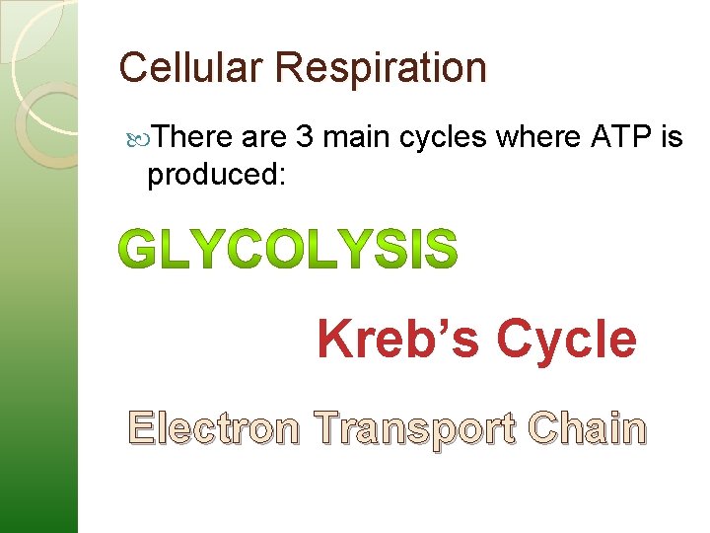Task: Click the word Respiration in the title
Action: (x=382, y=69)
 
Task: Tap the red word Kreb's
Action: (x=400, y=339)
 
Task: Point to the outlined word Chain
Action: (x=587, y=429)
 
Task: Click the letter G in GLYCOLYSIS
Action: (x=143, y=250)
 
